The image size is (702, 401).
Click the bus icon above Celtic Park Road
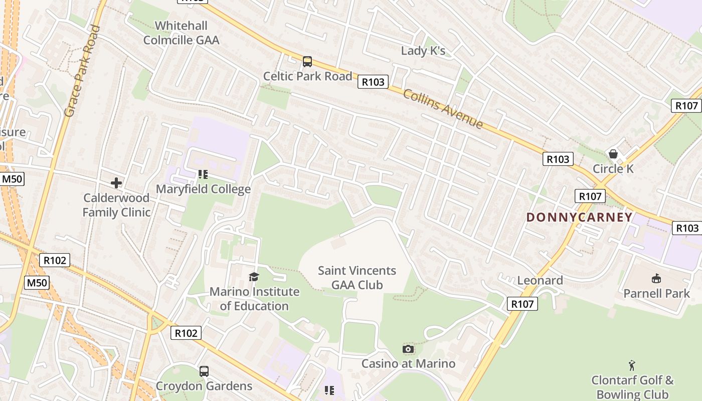point(307,62)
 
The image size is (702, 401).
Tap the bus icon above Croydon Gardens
point(204,371)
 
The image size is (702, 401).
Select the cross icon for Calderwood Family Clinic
point(116,183)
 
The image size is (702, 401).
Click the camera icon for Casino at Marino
point(408,349)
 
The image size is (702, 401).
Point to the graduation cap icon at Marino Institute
point(254,277)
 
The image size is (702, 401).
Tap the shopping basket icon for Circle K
point(613,154)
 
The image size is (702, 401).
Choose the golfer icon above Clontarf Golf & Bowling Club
point(632,365)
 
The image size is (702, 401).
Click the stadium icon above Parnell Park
point(656,278)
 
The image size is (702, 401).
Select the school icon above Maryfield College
point(203,174)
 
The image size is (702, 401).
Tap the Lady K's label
point(423,51)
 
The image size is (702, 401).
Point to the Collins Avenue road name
point(443,109)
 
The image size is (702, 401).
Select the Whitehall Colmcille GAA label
point(182,33)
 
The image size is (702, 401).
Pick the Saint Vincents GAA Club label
point(357,278)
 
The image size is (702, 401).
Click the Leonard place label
point(540,280)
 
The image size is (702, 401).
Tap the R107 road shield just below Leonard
point(522,304)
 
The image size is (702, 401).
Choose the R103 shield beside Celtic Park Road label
point(373,82)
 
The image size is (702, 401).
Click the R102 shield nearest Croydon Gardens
point(187,333)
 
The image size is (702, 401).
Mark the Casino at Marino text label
point(408,363)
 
